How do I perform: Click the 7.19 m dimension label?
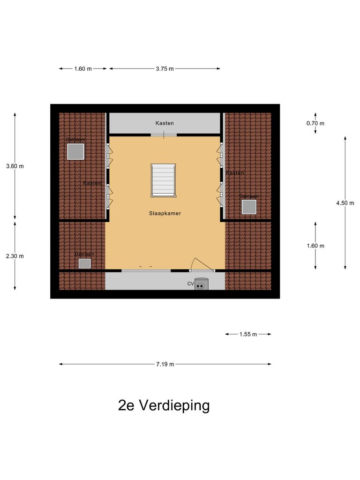[x=165, y=364]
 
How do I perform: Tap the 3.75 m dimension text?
[x=165, y=69]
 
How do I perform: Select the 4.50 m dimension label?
[x=345, y=203]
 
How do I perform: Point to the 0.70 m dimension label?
[x=315, y=123]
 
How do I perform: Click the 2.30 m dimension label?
[x=15, y=256]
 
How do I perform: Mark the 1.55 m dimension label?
[x=248, y=334]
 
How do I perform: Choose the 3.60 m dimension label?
[x=15, y=166]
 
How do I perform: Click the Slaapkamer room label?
[x=165, y=213]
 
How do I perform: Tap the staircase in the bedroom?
[x=163, y=180]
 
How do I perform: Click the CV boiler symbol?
[x=202, y=284]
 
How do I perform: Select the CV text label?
[x=191, y=284]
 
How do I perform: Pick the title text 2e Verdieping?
[x=164, y=405]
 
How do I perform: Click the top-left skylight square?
[x=75, y=152]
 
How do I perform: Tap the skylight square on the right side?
[x=249, y=207]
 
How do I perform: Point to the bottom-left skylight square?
[x=84, y=263]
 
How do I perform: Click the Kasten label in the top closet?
[x=165, y=123]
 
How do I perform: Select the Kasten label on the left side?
[x=92, y=183]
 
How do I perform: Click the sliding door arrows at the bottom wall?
[x=146, y=267]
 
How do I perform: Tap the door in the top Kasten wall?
[x=164, y=135]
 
